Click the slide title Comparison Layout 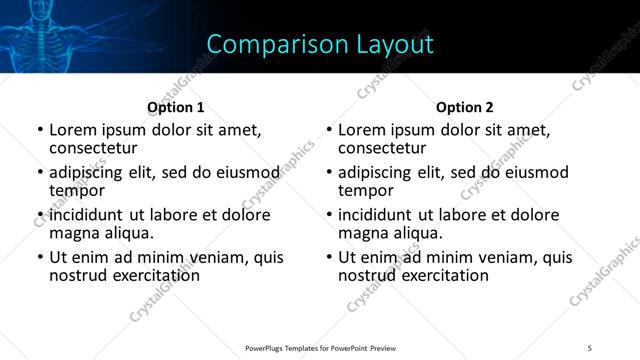tap(320, 44)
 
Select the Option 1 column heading tap(176, 107)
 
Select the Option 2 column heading tap(465, 107)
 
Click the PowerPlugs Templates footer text tap(321, 347)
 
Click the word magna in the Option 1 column tap(73, 233)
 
